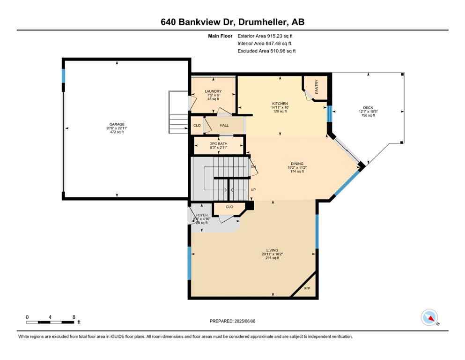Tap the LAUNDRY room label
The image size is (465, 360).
tap(213, 91)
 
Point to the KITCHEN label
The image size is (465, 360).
tap(280, 104)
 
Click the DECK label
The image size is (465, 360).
tap(368, 108)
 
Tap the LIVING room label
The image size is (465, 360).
tap(272, 250)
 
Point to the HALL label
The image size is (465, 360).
tap(224, 126)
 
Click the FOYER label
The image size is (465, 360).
tap(201, 215)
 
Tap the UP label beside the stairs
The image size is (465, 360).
tap(253, 190)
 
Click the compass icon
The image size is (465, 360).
tap(429, 317)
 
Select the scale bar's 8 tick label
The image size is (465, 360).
tap(74, 317)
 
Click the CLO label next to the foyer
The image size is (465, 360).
tap(229, 207)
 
